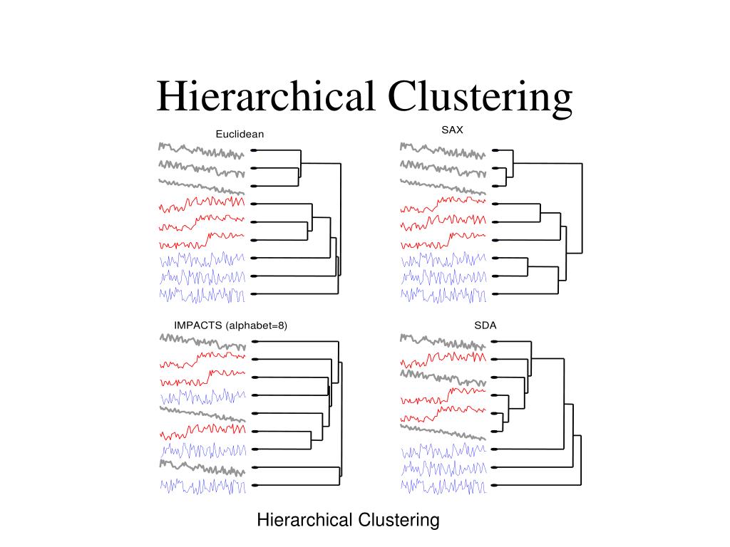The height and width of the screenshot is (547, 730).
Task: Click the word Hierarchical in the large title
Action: pyautogui.click(x=266, y=97)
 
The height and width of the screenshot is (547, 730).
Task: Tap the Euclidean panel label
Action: pyautogui.click(x=240, y=134)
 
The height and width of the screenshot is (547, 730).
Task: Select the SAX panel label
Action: pyautogui.click(x=452, y=130)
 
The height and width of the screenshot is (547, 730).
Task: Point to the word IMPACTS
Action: pyautogui.click(x=197, y=325)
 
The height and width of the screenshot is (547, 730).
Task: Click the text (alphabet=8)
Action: pyautogui.click(x=256, y=325)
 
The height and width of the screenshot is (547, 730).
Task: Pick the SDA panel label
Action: pyautogui.click(x=485, y=325)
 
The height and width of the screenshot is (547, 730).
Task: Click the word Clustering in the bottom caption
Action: pyautogui.click(x=394, y=520)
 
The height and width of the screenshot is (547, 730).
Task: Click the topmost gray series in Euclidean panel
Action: pyautogui.click(x=202, y=150)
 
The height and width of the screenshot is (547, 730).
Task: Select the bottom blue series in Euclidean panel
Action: pyautogui.click(x=202, y=293)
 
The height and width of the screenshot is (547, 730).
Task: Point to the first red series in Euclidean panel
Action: pyautogui.click(x=202, y=206)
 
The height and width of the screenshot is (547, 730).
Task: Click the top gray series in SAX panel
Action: pyautogui.click(x=443, y=150)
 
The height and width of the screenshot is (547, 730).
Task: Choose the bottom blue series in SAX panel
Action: pyautogui.click(x=443, y=293)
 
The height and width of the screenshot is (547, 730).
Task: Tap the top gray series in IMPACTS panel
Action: pyautogui.click(x=202, y=342)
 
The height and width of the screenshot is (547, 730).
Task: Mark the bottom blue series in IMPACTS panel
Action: pyautogui.click(x=202, y=486)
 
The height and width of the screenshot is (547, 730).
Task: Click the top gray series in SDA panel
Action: pyautogui.click(x=443, y=342)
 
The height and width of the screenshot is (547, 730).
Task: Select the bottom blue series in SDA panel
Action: pyautogui.click(x=443, y=486)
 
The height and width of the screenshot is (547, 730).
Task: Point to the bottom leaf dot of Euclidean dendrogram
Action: pyautogui.click(x=254, y=293)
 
